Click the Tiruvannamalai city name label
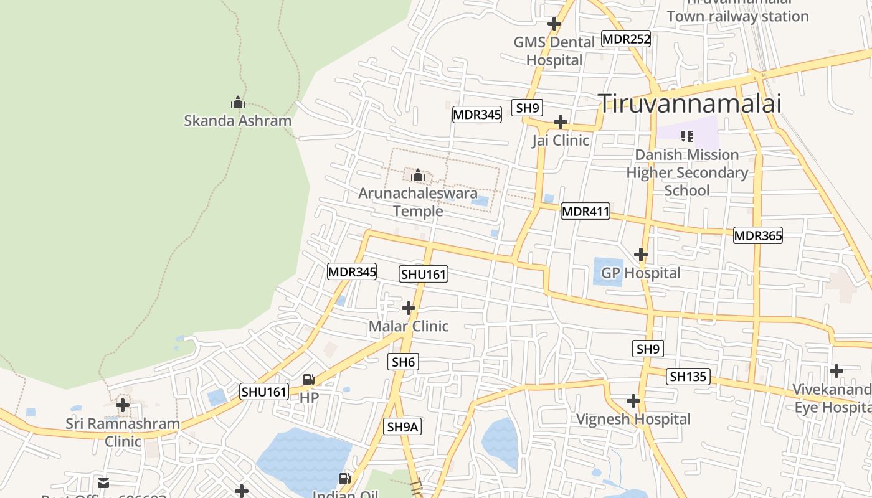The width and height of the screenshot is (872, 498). coord(690,103)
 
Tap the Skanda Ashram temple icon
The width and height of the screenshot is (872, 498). coord(237,102)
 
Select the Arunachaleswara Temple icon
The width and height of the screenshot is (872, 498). coord(418,175)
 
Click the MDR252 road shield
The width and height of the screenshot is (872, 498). coord(626,39)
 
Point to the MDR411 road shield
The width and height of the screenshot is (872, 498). coord(585,212)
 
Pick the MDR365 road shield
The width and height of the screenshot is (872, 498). coord(757,236)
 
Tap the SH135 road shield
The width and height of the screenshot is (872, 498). coord(688,377)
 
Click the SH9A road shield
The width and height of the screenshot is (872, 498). coord(402,426)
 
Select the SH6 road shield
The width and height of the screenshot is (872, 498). coord(403,362)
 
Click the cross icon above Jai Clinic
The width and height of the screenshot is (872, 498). coord(561,121)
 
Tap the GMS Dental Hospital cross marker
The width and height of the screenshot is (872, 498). coord(554,24)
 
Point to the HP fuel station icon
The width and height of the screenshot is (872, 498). coord(308,379)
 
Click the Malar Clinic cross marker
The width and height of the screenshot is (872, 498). coord(408,308)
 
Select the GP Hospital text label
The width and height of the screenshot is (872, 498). coord(640,273)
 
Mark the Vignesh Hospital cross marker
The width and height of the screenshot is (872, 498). coord(633,401)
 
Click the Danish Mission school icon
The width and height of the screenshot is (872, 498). coord(687,136)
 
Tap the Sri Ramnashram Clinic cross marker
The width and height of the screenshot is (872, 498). coord(123,406)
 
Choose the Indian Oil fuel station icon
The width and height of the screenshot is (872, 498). coord(344,478)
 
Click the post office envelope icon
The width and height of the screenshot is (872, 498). coord(103,482)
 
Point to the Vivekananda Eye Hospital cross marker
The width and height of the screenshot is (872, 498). coord(836,371)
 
